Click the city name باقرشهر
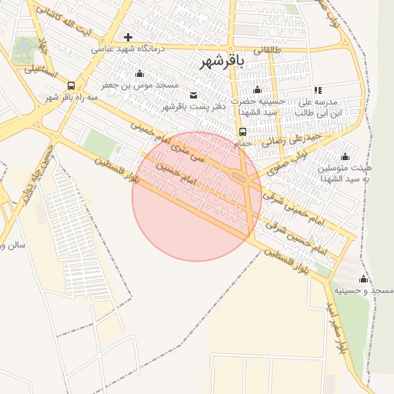tap(221, 62)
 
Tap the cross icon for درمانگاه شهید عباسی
tap(128, 37)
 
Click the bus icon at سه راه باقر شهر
tap(72, 85)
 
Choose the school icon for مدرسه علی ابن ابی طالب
tap(318, 91)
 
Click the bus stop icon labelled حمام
tap(243, 131)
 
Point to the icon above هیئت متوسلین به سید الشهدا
tap(355, 156)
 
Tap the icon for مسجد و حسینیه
tap(363, 279)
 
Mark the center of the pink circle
tap(196, 196)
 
